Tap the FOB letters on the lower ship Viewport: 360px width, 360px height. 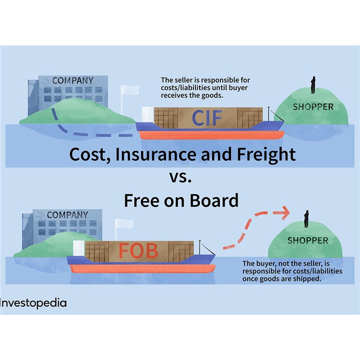pos(139,251)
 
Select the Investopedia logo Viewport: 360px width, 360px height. pos(33,303)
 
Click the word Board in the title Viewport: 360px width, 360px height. pos(214,200)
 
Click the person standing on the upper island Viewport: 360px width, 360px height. pos(312,85)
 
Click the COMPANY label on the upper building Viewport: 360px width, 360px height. pos(72,81)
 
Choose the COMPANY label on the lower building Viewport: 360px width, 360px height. pos(67,215)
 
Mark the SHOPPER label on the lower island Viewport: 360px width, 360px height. pos(308,240)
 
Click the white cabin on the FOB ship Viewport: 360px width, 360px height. pos(78,247)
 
